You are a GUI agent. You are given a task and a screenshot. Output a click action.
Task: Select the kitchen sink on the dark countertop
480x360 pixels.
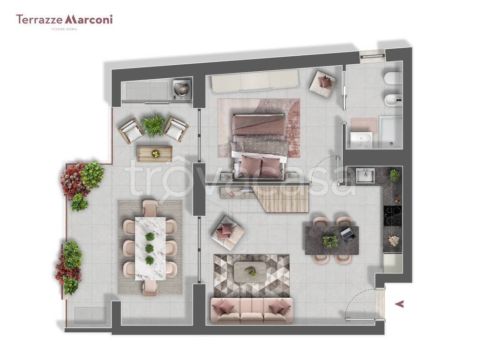click(365, 176)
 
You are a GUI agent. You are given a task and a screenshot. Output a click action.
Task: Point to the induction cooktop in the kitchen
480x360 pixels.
click(393, 216)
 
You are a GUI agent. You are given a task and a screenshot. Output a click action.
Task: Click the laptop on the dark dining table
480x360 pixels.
click(348, 234)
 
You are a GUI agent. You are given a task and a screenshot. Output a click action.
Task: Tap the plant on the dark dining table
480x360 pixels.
click(330, 241)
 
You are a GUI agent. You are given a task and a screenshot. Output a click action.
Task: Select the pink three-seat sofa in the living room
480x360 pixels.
click(251, 311)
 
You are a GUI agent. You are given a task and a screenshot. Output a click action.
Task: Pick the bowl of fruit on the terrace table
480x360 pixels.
click(156, 153)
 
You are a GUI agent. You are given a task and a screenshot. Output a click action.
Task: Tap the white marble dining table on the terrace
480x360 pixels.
click(150, 248)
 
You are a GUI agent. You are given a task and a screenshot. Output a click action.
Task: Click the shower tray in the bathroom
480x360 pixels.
click(390, 132)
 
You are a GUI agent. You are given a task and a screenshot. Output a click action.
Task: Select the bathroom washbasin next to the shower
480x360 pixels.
click(361, 140)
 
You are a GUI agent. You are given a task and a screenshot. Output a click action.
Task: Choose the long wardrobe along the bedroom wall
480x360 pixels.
click(255, 81)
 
